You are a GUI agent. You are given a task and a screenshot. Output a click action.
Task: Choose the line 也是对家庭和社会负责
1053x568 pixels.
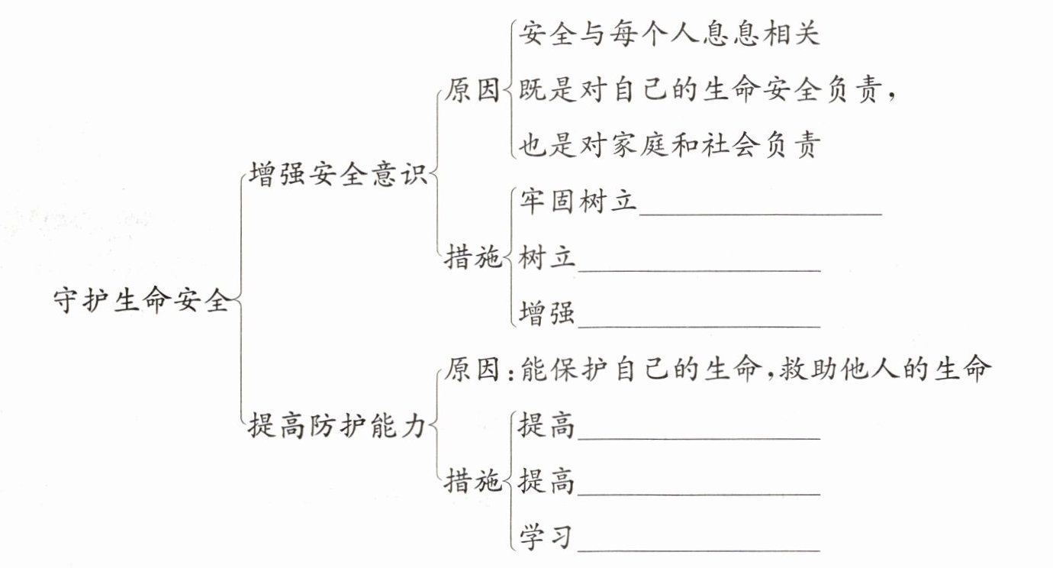(x=668, y=146)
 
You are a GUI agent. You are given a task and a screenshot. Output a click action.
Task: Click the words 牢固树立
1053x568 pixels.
(x=577, y=203)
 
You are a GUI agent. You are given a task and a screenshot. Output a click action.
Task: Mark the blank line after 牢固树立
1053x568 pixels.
(x=760, y=213)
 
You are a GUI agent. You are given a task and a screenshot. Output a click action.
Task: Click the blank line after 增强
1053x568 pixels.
(x=698, y=324)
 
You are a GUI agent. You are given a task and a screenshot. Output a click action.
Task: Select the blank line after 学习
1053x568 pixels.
(x=698, y=548)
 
